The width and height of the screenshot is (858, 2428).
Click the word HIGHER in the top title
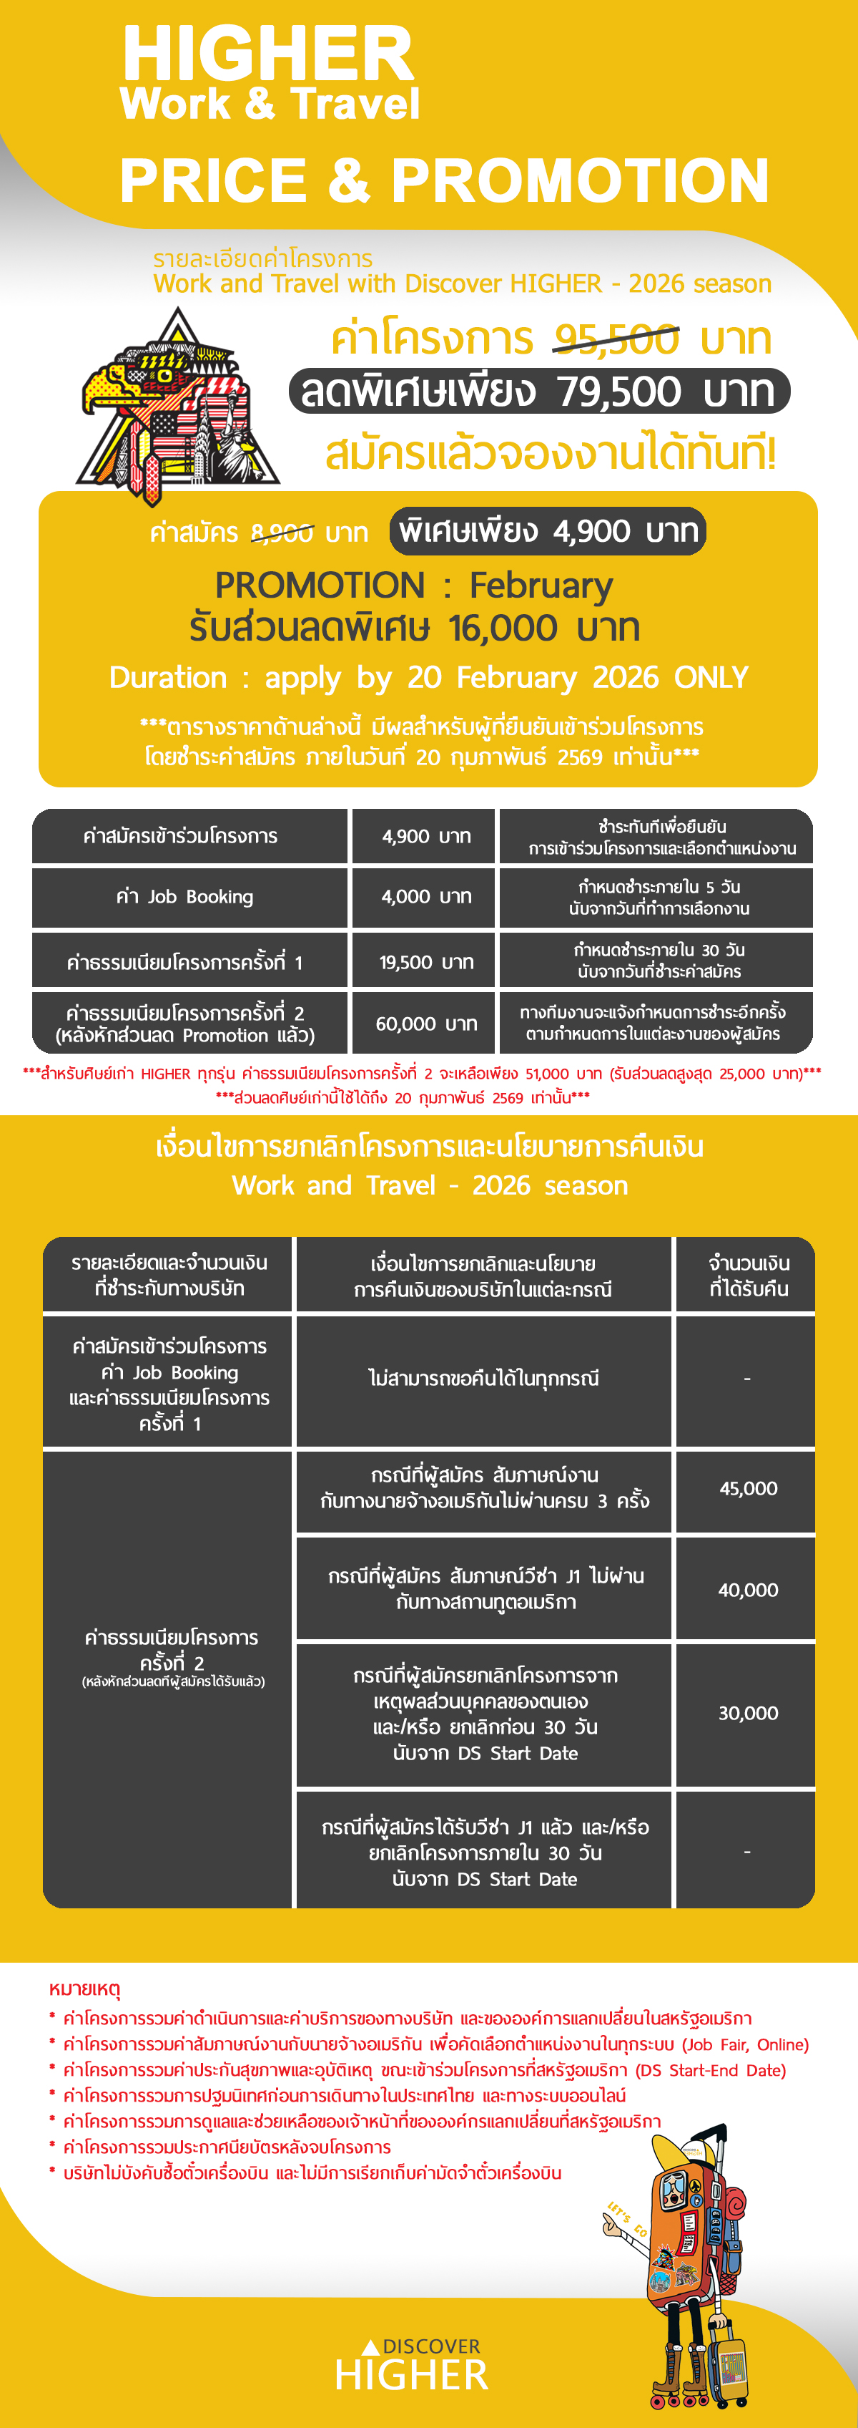pyautogui.click(x=267, y=54)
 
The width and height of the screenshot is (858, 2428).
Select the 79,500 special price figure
pyautogui.click(x=618, y=391)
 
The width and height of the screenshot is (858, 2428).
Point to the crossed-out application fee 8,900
pyautogui.click(x=282, y=533)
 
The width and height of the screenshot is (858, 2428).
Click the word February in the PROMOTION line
pyautogui.click(x=541, y=586)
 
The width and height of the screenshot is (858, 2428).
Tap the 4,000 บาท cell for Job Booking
pyautogui.click(x=425, y=896)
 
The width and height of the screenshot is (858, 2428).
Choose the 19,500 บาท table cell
pyautogui.click(x=425, y=962)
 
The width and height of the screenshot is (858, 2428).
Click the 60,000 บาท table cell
pyautogui.click(x=425, y=1024)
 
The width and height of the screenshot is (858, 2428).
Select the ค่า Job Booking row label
pyautogui.click(x=184, y=896)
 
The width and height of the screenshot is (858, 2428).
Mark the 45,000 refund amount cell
pyautogui.click(x=748, y=1488)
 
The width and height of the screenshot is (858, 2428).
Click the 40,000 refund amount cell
pyautogui.click(x=748, y=1590)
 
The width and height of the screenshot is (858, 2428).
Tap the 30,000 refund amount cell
pyautogui.click(x=748, y=1713)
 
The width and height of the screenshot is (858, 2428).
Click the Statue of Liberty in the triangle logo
pyautogui.click(x=231, y=443)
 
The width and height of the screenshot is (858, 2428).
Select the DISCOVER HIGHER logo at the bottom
pyautogui.click(x=413, y=2366)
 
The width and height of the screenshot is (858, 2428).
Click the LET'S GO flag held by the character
pyautogui.click(x=627, y=2220)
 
